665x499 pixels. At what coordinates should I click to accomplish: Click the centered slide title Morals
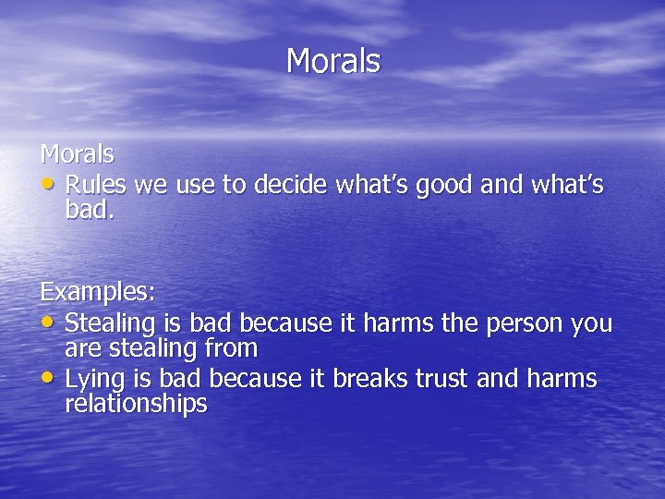(332, 61)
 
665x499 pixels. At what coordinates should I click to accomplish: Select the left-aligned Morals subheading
(77, 152)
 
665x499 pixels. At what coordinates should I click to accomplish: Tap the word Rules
(97, 186)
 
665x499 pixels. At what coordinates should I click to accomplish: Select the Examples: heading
(98, 292)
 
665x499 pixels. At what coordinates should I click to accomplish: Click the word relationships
(136, 404)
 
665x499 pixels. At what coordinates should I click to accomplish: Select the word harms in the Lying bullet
(562, 380)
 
